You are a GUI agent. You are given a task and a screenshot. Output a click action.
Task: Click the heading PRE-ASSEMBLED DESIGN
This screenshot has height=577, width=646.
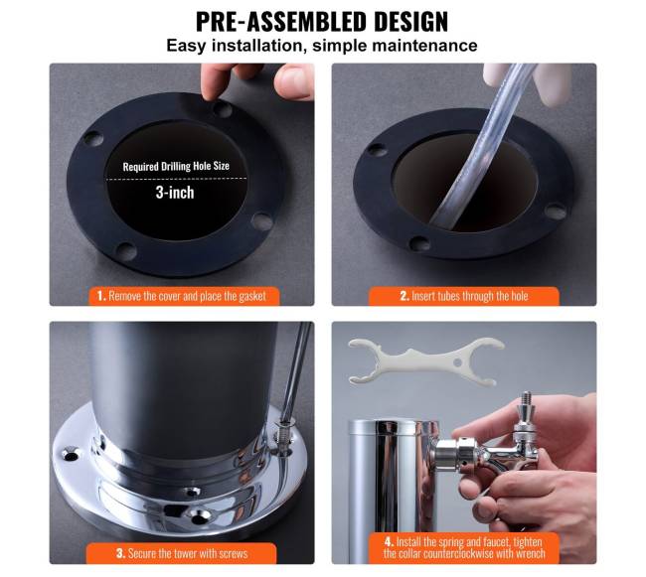[x=322, y=22]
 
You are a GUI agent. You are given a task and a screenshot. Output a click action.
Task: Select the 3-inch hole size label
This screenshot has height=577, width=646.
[x=175, y=193]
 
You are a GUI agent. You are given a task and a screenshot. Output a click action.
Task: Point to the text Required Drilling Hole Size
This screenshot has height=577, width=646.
[x=176, y=166]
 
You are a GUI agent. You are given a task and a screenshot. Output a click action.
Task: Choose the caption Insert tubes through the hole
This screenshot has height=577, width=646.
[x=464, y=296]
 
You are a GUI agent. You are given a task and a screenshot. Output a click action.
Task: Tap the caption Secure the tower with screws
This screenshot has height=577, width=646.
[x=182, y=553]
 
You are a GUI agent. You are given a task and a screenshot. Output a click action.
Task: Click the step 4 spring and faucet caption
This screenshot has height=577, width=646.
[x=464, y=547]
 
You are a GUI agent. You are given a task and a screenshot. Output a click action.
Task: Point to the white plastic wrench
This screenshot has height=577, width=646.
[x=425, y=361]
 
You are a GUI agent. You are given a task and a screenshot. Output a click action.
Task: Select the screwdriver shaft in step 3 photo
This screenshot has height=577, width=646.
[x=297, y=370]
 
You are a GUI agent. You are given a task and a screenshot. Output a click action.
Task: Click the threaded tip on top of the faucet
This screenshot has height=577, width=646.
[x=526, y=398]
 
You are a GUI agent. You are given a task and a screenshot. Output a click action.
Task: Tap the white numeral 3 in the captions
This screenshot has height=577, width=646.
[x=120, y=553]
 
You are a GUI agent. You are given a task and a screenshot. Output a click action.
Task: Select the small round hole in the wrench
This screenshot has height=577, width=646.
[x=457, y=363]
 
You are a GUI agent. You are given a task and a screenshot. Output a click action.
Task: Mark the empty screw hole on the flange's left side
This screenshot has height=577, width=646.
[x=71, y=455]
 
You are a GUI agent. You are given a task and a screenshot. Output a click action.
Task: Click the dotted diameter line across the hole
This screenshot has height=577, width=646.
[x=177, y=179]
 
